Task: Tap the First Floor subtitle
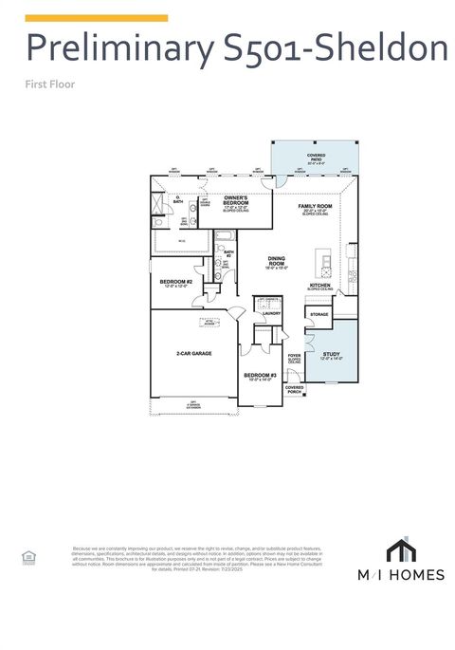tap(50, 84)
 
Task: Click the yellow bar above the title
tap(96, 17)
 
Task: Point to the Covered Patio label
tap(317, 158)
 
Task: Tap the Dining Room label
tap(276, 260)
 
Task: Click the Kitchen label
tap(319, 287)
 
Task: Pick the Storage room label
tap(319, 313)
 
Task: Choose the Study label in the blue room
tap(331, 356)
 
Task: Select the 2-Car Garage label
tap(193, 353)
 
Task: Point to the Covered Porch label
tap(295, 388)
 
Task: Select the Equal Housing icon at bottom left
tap(27, 558)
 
